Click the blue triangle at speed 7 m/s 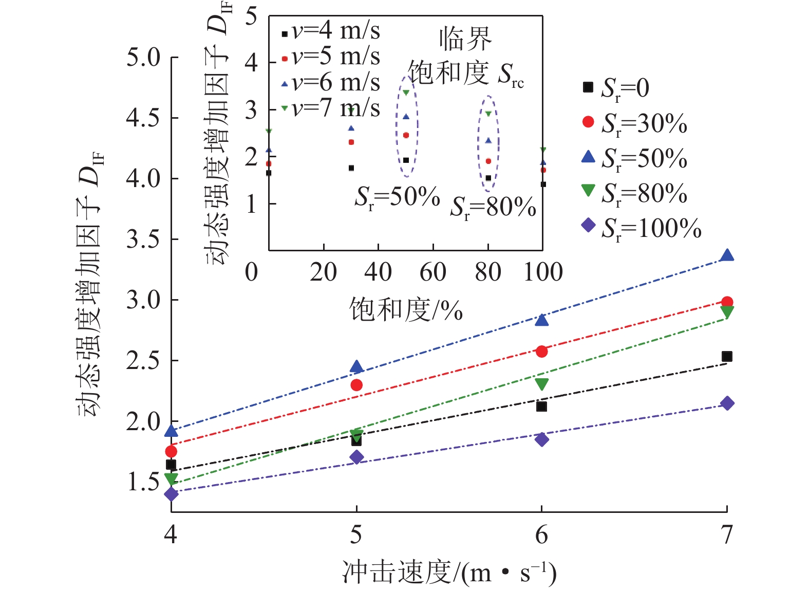pyautogui.click(x=726, y=255)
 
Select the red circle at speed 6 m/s pyautogui.click(x=541, y=352)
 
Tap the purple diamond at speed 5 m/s pyautogui.click(x=356, y=457)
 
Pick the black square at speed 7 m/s pyautogui.click(x=726, y=357)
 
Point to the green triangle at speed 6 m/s pyautogui.click(x=541, y=383)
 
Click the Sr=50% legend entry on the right pyautogui.click(x=635, y=158)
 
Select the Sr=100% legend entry pyautogui.click(x=642, y=228)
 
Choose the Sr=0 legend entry pyautogui.click(x=616, y=88)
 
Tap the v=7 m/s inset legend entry pyautogui.click(x=331, y=108)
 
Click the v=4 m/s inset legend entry pyautogui.click(x=331, y=32)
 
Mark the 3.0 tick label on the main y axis pyautogui.click(x=144, y=300)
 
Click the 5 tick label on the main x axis pyautogui.click(x=356, y=534)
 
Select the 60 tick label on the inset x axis pyautogui.click(x=433, y=272)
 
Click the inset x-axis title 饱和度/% pyautogui.click(x=406, y=309)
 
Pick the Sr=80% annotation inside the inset pyautogui.click(x=493, y=208)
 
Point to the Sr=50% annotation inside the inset pyautogui.click(x=397, y=197)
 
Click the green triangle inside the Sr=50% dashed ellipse pyautogui.click(x=406, y=93)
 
